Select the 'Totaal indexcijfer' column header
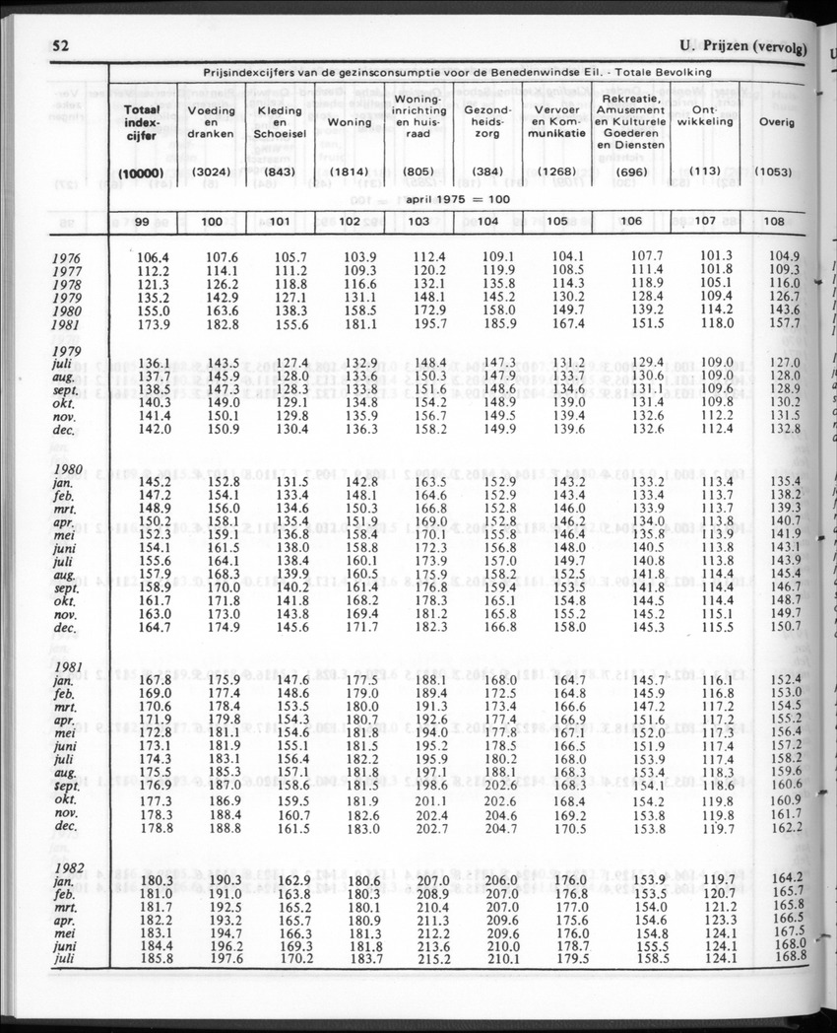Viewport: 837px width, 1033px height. point(142,122)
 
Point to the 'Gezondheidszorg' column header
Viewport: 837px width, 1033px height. point(486,118)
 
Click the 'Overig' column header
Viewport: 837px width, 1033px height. point(776,122)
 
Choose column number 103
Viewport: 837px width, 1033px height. point(418,222)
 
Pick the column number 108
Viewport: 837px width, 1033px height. point(774,222)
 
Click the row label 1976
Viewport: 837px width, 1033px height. point(66,259)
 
